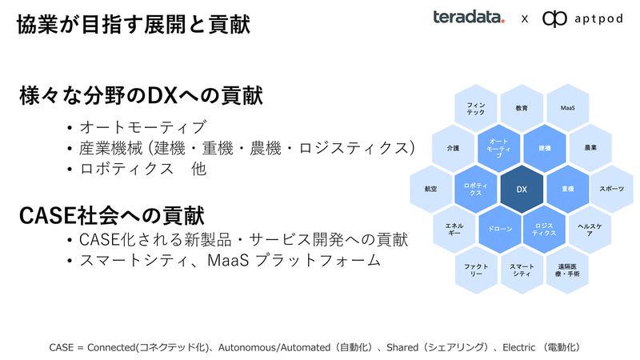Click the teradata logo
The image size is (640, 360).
click(x=468, y=18)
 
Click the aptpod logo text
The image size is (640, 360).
click(x=591, y=18)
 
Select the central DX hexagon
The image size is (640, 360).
click(x=521, y=189)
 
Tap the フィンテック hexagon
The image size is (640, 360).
click(x=475, y=108)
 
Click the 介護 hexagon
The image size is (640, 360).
click(x=452, y=148)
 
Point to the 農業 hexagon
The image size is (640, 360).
click(x=590, y=148)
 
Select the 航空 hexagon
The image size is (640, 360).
click(x=430, y=189)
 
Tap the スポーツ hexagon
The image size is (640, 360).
click(x=612, y=189)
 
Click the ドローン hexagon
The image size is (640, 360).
click(x=498, y=229)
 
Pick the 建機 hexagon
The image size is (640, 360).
click(x=544, y=148)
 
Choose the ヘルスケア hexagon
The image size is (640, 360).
click(x=590, y=230)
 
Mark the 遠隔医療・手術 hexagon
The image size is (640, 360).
click(x=567, y=270)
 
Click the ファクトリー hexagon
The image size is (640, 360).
click(x=475, y=270)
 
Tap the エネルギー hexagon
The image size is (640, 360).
click(x=453, y=230)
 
